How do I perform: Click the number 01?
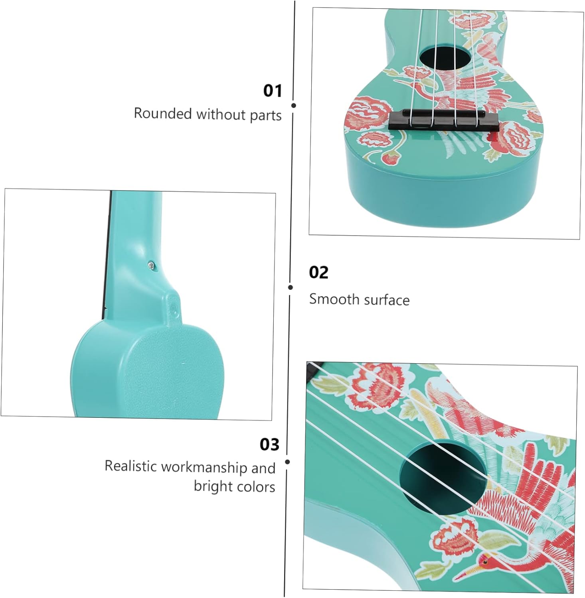pyautogui.click(x=273, y=91)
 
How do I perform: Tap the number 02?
pyautogui.click(x=318, y=273)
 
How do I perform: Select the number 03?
pyautogui.click(x=269, y=445)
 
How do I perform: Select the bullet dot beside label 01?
pyautogui.click(x=294, y=106)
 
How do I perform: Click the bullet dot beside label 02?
pyautogui.click(x=291, y=287)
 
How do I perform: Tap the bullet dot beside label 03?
pyautogui.click(x=287, y=462)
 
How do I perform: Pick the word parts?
pyautogui.click(x=266, y=115)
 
